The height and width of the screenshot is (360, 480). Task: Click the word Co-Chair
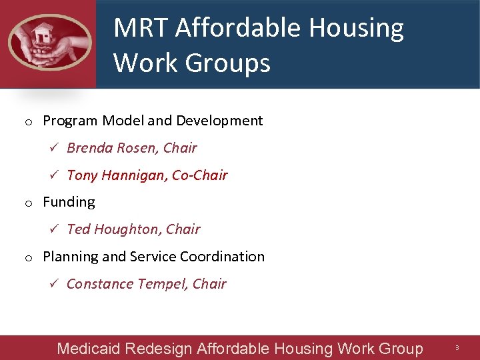pos(200,175)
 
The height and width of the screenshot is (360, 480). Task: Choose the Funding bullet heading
pos(69,202)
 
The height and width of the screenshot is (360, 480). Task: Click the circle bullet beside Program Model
pos(29,122)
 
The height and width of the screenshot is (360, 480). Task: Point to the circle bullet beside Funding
pos(29,203)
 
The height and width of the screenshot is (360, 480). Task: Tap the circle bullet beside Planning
pos(29,258)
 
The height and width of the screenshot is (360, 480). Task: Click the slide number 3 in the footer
pos(457,348)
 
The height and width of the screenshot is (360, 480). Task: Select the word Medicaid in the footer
pos(88,349)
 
